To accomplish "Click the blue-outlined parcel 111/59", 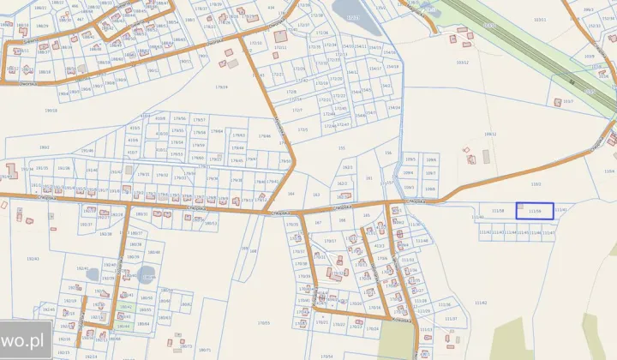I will (x=534, y=211).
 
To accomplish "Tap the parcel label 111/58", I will (x=497, y=211).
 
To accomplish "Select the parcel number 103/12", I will (x=463, y=63).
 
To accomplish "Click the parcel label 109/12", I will (x=490, y=134).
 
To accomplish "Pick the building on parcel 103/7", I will (x=558, y=102).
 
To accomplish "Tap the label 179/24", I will (x=222, y=87).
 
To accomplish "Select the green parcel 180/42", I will (x=125, y=306).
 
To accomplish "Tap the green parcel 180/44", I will (x=123, y=327).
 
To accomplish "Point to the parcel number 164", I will (x=291, y=194).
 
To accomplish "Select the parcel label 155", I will (x=341, y=147).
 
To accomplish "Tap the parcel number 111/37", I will (x=451, y=318).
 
